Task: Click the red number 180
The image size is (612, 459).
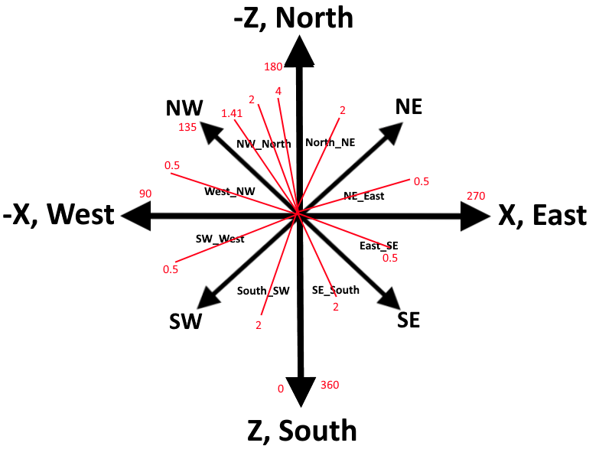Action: point(273,67)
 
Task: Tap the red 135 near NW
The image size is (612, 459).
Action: point(187,127)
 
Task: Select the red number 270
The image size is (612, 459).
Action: point(476,196)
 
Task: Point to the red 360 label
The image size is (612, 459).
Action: point(330,385)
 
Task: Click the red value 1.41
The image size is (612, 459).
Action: point(232,113)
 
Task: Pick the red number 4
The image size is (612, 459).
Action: point(278,91)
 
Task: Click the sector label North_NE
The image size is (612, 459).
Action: point(330,143)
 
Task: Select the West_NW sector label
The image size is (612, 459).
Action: point(229,192)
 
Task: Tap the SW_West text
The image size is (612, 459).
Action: point(220,239)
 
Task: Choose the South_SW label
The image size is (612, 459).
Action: point(263,291)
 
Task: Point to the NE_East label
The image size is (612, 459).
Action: point(364,196)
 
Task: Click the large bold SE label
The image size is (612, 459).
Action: point(409,320)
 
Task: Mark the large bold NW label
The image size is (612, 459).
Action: point(184,108)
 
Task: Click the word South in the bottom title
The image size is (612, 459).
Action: point(317,431)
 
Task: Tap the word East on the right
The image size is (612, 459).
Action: point(560,215)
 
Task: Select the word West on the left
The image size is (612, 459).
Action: point(81,214)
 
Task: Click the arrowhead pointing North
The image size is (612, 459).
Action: point(299,51)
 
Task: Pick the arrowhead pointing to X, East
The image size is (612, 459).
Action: point(475,216)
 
